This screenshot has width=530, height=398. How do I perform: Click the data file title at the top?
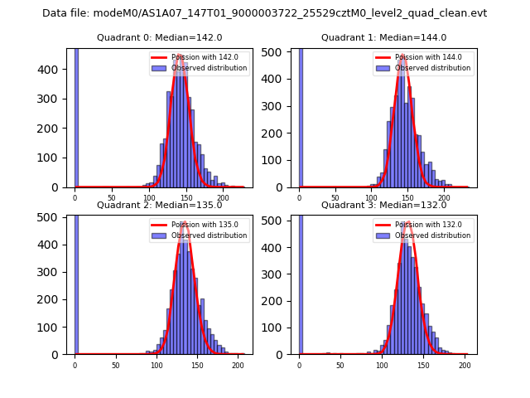264,13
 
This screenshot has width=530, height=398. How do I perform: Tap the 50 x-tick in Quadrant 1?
335,198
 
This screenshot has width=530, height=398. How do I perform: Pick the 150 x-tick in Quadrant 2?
197,365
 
